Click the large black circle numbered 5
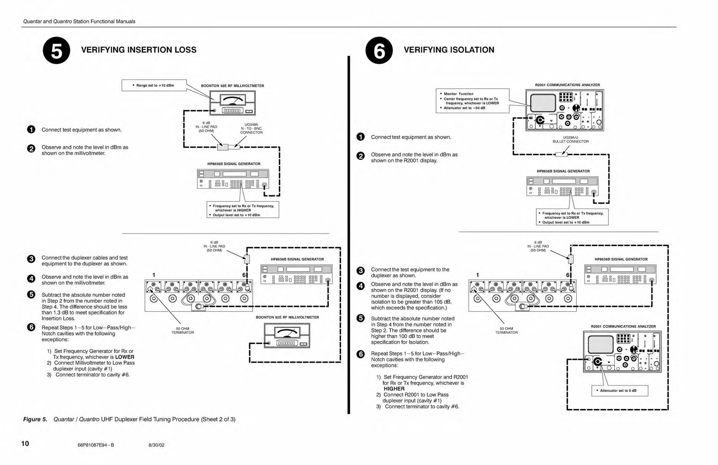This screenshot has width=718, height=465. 57,50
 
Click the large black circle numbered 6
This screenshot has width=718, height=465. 379,50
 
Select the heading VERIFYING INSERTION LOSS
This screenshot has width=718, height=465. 139,50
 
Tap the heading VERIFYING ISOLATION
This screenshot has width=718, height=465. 449,50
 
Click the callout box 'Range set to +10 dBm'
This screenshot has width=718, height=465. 154,85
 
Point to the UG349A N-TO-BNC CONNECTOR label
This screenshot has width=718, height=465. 251,128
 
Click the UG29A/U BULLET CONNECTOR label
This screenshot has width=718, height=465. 570,139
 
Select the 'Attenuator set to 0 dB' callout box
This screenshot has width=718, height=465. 620,390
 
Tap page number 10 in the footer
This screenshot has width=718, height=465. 25,443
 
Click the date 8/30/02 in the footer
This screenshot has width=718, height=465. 157,445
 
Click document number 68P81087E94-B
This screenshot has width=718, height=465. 96,445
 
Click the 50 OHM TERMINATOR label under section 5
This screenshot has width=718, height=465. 183,331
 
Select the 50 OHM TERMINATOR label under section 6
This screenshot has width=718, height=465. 507,331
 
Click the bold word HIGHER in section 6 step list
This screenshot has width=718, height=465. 394,389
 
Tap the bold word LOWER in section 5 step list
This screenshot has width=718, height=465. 125,357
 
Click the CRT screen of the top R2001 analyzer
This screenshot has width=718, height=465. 543,103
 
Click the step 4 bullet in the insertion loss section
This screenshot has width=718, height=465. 31,279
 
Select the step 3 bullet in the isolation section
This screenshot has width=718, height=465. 361,271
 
